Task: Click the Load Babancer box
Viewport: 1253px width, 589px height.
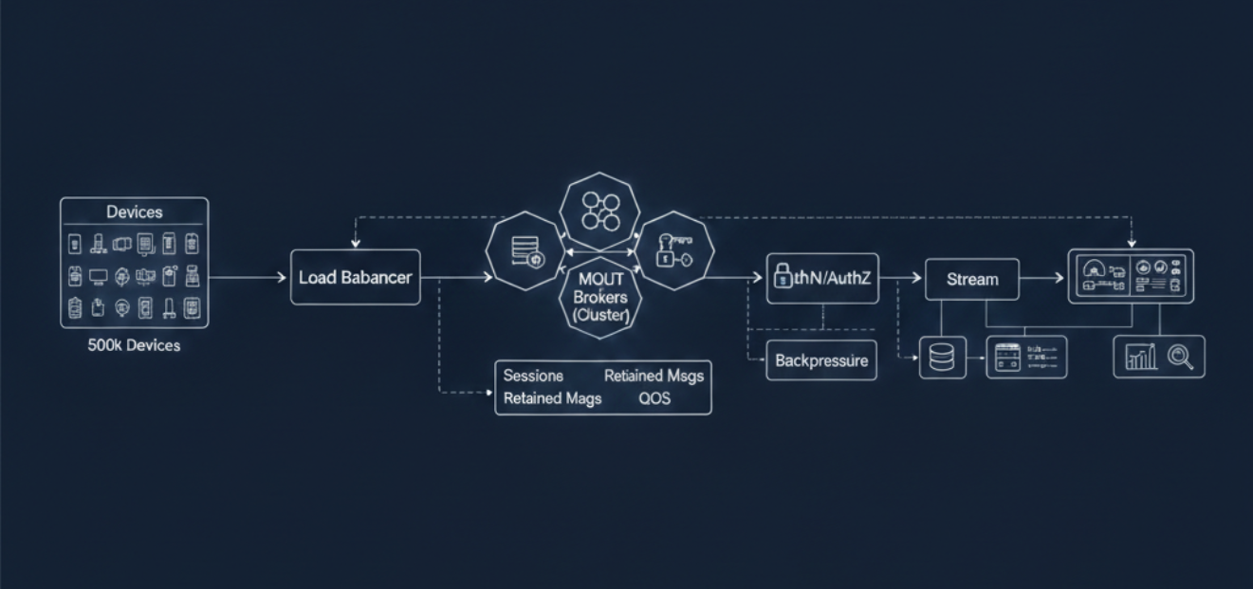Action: tap(355, 278)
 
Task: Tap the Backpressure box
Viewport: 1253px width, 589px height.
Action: tap(820, 360)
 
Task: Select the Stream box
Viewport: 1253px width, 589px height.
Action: tap(971, 280)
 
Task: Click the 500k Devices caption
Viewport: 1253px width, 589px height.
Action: tap(134, 345)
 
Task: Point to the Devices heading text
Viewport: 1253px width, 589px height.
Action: tap(134, 212)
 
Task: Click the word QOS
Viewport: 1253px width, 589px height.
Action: tap(654, 398)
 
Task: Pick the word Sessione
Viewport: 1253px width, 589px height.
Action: tap(533, 376)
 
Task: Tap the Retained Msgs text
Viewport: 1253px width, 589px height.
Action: tap(654, 376)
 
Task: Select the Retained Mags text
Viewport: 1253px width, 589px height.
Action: tap(552, 398)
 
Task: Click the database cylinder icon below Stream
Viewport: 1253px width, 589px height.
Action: tap(942, 358)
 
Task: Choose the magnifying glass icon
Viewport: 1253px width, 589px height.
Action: tap(1181, 357)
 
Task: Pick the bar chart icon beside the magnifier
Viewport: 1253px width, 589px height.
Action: tap(1140, 357)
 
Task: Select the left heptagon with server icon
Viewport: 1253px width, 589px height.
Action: tap(525, 251)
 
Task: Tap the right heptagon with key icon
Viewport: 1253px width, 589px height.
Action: tap(673, 251)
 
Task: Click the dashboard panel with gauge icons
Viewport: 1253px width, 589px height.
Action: tap(1131, 276)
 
